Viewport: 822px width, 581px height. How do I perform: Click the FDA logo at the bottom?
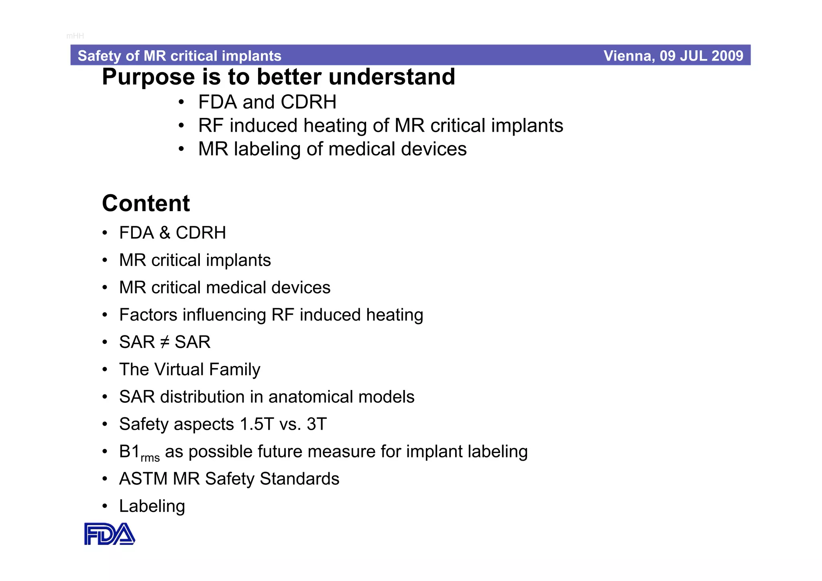coord(109,534)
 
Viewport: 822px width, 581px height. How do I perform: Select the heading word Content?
coord(146,203)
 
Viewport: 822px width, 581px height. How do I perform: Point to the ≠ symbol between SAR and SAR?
coord(165,342)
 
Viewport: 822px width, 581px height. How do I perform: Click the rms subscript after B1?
coord(150,458)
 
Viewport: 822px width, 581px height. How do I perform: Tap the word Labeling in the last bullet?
coord(152,506)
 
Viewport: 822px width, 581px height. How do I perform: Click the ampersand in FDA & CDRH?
coord(165,233)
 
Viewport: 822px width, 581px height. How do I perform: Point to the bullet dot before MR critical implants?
coord(105,261)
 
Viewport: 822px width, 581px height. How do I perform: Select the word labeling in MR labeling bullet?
coord(267,149)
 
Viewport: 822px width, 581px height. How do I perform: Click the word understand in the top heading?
coord(392,77)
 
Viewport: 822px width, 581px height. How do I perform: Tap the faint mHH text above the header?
coord(75,36)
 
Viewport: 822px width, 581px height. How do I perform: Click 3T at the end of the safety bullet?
coord(317,425)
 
